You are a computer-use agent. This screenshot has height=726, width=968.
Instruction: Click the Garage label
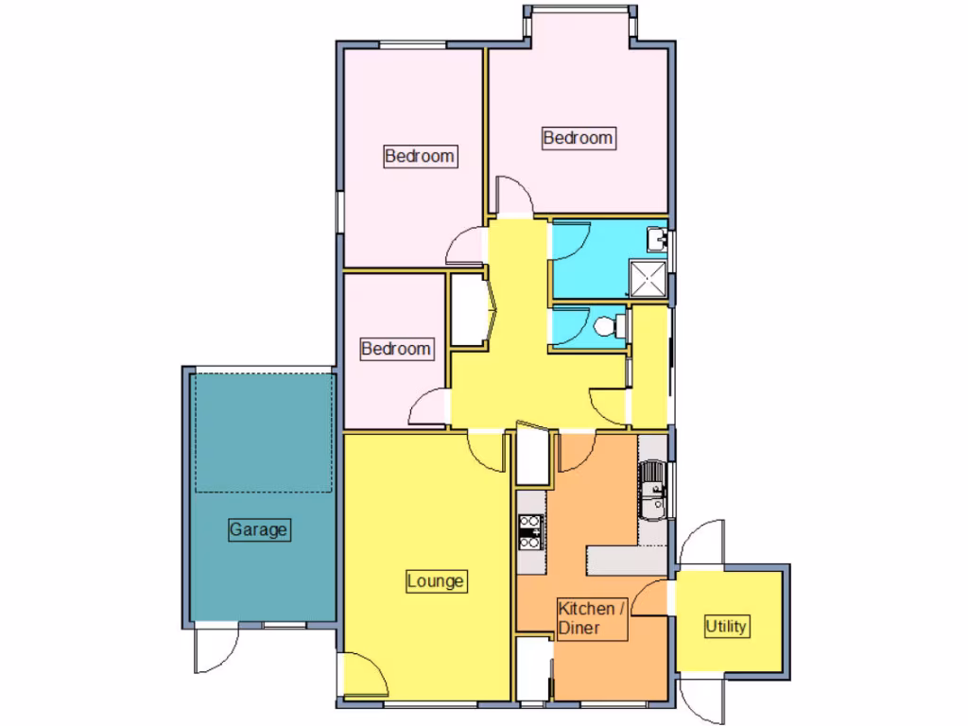[258, 530]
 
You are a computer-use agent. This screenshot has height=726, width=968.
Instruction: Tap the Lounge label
[436, 580]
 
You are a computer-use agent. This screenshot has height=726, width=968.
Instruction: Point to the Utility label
[726, 626]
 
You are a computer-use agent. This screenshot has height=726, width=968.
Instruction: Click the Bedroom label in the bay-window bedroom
[578, 138]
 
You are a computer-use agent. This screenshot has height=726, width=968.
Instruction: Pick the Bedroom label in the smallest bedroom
[396, 349]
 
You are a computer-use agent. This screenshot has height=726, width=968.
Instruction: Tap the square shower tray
[648, 279]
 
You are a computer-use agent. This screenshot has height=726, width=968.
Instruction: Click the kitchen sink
[653, 491]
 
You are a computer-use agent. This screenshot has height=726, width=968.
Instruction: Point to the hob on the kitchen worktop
[530, 530]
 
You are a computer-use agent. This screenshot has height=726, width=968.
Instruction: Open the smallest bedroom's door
[427, 408]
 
